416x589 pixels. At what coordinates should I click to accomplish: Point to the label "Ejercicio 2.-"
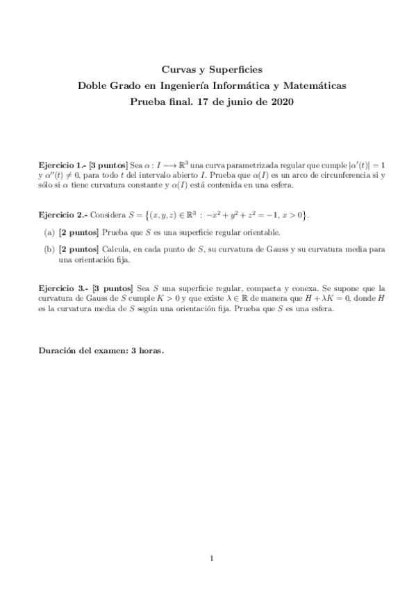pos(62,215)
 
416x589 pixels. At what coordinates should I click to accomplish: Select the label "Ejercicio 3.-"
pos(62,287)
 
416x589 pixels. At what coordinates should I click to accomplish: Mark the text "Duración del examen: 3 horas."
pos(101,350)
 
